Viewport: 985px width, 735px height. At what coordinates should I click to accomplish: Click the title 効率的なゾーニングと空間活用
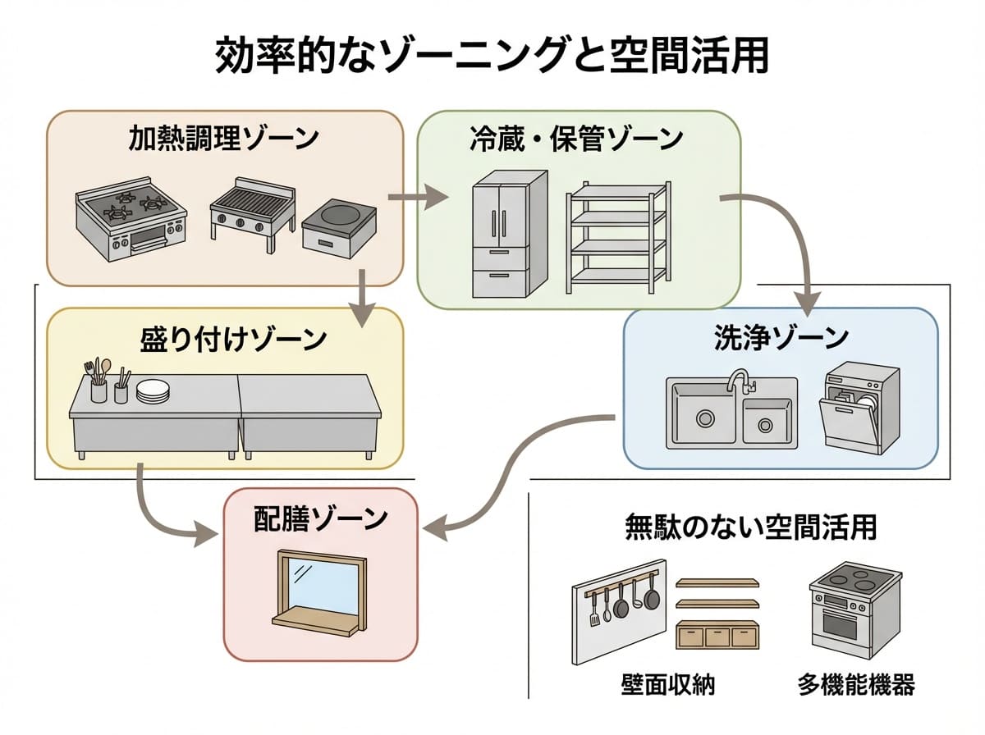(x=492, y=58)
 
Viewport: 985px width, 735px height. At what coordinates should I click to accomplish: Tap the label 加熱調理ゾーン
(x=223, y=139)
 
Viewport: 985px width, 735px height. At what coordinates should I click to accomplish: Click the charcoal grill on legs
(x=253, y=210)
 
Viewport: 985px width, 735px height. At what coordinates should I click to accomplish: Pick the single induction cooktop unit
(x=339, y=226)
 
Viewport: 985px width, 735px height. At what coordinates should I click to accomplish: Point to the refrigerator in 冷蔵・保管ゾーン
(x=509, y=233)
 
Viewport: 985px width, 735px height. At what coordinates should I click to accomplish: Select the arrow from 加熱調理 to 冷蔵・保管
(x=418, y=198)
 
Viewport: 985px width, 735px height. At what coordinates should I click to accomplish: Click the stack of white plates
(x=153, y=391)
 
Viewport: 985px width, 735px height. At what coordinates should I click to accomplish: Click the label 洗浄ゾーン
(x=781, y=337)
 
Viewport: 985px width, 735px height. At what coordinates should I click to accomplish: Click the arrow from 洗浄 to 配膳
(x=509, y=476)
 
